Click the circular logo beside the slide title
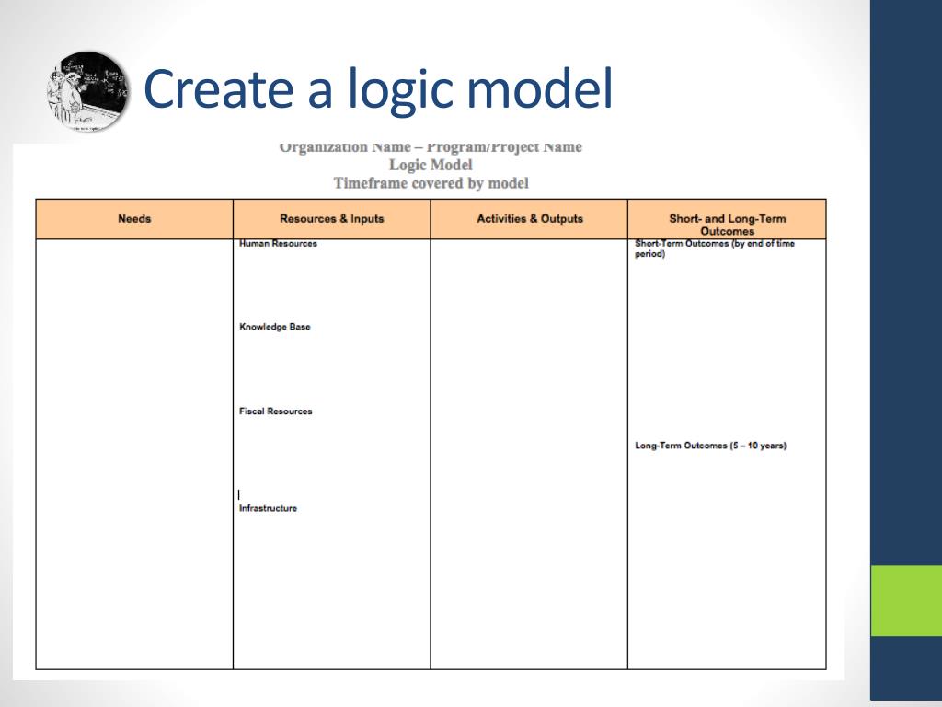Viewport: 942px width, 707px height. pyautogui.click(x=86, y=91)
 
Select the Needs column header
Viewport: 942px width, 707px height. pyautogui.click(x=134, y=219)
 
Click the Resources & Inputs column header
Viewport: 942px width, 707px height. pyautogui.click(x=331, y=219)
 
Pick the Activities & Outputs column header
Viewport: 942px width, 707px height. pyautogui.click(x=529, y=219)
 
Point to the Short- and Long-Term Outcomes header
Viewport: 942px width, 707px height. pyautogui.click(x=727, y=225)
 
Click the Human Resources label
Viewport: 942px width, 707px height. pyautogui.click(x=278, y=244)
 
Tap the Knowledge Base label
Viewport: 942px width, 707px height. pyautogui.click(x=274, y=327)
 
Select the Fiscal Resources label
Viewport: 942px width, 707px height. pyautogui.click(x=275, y=411)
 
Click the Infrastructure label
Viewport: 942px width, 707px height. pyautogui.click(x=268, y=508)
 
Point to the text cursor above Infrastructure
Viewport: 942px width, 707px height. pyautogui.click(x=239, y=494)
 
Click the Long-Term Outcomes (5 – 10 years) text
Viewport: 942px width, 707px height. pyautogui.click(x=710, y=446)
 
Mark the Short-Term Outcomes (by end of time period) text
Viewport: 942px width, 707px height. pyautogui.click(x=714, y=249)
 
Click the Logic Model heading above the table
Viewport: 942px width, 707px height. pyautogui.click(x=431, y=165)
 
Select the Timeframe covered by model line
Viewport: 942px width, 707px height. pyautogui.click(x=431, y=182)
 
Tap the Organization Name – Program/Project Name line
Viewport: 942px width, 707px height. pyautogui.click(x=431, y=147)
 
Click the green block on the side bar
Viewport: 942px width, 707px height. pyautogui.click(x=906, y=600)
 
